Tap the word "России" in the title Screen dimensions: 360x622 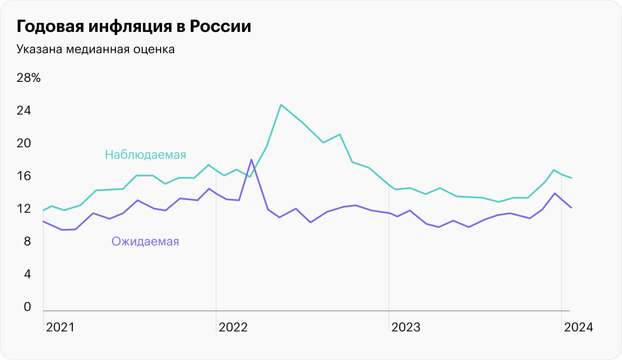[x=220, y=27]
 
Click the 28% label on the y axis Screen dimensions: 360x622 [x=28, y=78]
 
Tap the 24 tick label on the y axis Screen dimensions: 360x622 [x=24, y=110]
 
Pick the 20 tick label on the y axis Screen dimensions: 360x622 [x=24, y=143]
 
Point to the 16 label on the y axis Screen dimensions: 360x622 [x=24, y=176]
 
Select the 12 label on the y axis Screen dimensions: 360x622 [x=24, y=209]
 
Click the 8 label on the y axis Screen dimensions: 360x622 [x=27, y=241]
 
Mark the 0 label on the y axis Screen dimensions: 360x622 [x=27, y=307]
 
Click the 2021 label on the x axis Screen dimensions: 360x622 [x=60, y=327]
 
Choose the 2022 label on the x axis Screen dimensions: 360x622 [x=233, y=327]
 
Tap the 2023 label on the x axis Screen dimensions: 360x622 [x=406, y=327]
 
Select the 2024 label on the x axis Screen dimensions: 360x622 [x=579, y=327]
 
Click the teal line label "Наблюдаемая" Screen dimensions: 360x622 [x=145, y=155]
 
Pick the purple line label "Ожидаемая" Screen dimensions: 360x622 [x=145, y=241]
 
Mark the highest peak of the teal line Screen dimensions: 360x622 [x=281, y=105]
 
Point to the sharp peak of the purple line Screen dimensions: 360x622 [x=251, y=159]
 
